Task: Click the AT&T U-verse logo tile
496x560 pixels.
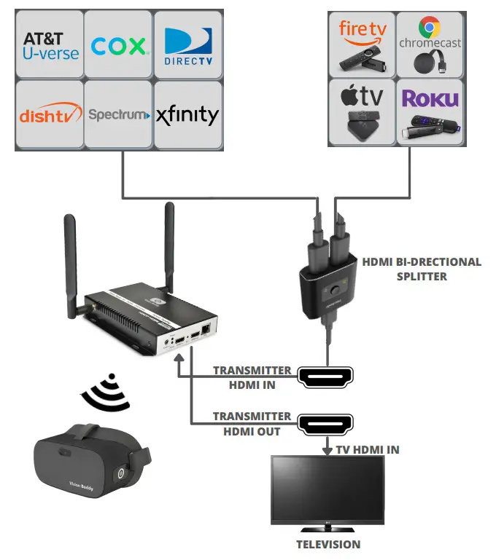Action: pos(49,44)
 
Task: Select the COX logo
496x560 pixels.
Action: pos(118,46)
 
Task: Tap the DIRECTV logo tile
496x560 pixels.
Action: pos(187,44)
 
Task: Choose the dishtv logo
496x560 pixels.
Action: pos(49,114)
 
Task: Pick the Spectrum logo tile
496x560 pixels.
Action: pos(118,114)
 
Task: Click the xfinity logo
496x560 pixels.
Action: pos(187,115)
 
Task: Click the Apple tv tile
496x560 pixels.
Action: pos(362,111)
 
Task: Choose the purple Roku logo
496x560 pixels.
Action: pos(430,98)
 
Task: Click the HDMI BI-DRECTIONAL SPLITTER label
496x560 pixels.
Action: pos(421,269)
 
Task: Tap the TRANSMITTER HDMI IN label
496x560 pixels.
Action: pos(252,377)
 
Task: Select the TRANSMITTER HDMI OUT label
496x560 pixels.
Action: pos(252,423)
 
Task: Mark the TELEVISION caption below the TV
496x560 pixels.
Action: pos(328,544)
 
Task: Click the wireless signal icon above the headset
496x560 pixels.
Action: pos(106,393)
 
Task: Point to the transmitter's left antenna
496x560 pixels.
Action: pos(71,266)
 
